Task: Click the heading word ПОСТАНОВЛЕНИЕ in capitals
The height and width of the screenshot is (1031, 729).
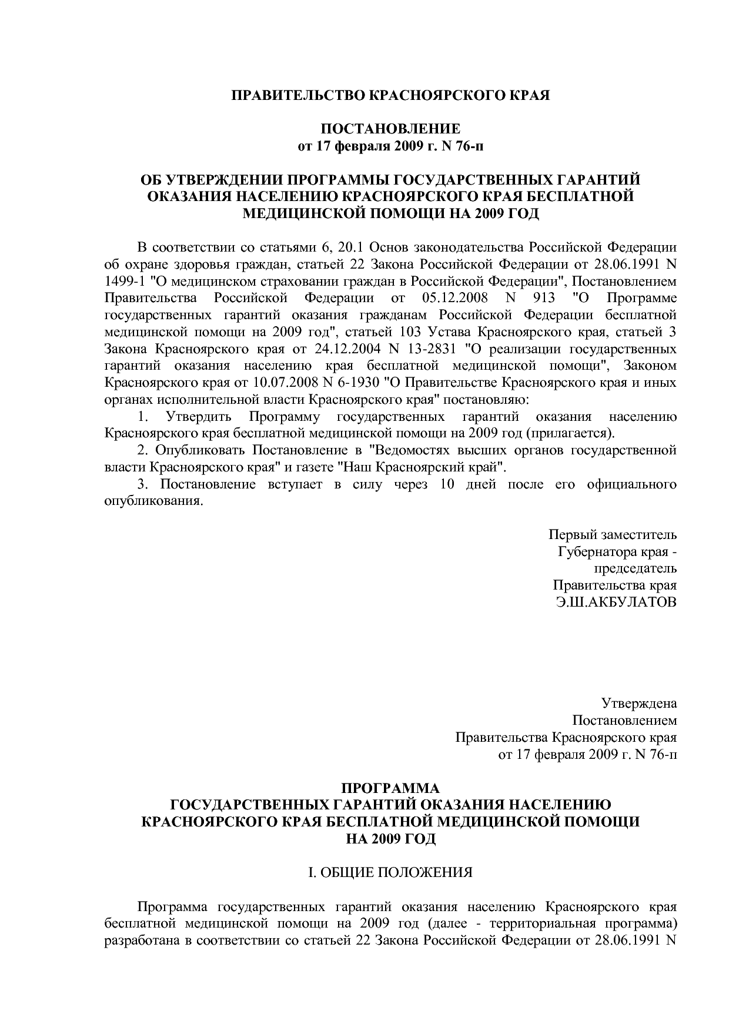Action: pyautogui.click(x=390, y=129)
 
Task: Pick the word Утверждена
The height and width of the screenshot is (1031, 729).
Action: pyautogui.click(x=638, y=704)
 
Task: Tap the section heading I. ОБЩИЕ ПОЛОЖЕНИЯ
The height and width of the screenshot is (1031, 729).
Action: pyautogui.click(x=390, y=872)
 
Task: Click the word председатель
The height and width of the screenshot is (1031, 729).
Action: pyautogui.click(x=635, y=569)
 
